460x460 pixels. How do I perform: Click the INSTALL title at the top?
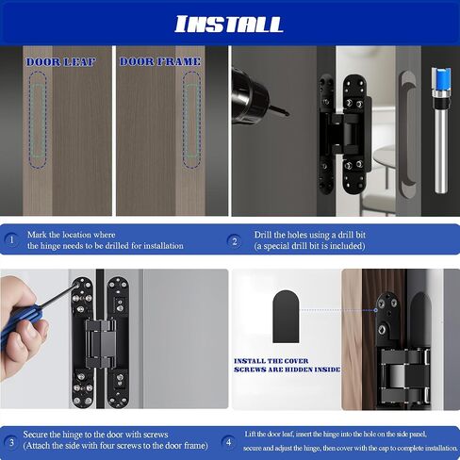pyautogui.click(x=229, y=25)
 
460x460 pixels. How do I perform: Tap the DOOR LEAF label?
pyautogui.click(x=60, y=62)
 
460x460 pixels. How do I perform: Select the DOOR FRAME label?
pyautogui.click(x=160, y=61)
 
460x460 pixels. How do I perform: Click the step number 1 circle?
pyautogui.click(x=11, y=240)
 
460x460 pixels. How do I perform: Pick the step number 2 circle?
pyautogui.click(x=235, y=241)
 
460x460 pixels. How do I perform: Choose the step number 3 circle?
pyautogui.click(x=11, y=443)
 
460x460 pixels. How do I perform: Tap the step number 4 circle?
pyautogui.click(x=228, y=442)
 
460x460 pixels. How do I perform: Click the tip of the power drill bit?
pyautogui.click(x=287, y=114)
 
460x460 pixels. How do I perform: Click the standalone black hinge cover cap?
pyautogui.click(x=286, y=317)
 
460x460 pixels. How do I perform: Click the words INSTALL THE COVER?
pyautogui.click(x=271, y=361)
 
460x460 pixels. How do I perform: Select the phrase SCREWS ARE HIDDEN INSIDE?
pyautogui.click(x=287, y=370)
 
